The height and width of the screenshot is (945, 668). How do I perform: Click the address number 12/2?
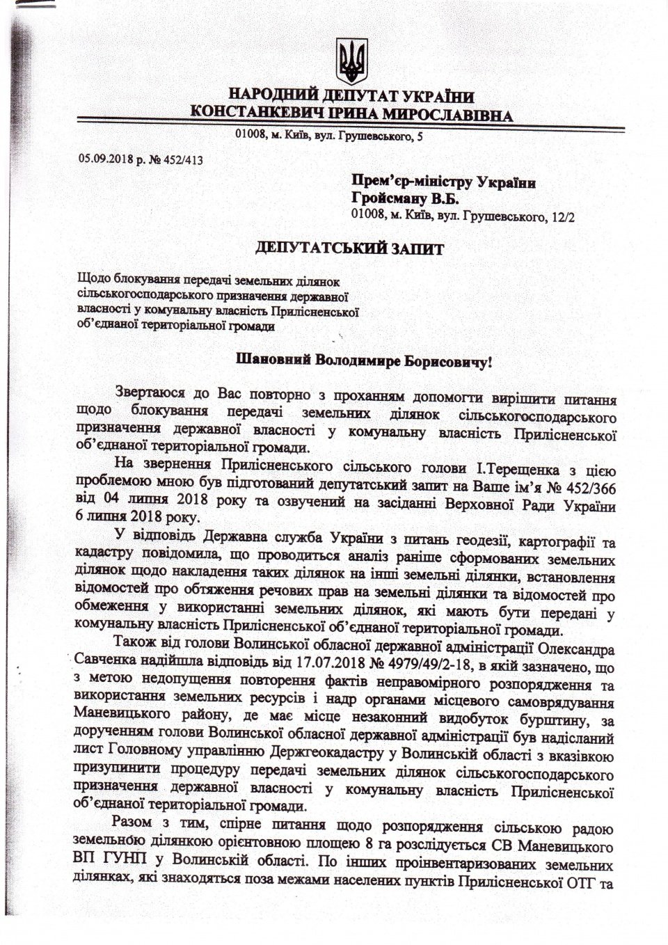click(565, 216)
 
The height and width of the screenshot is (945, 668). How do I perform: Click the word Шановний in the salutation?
click(275, 361)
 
